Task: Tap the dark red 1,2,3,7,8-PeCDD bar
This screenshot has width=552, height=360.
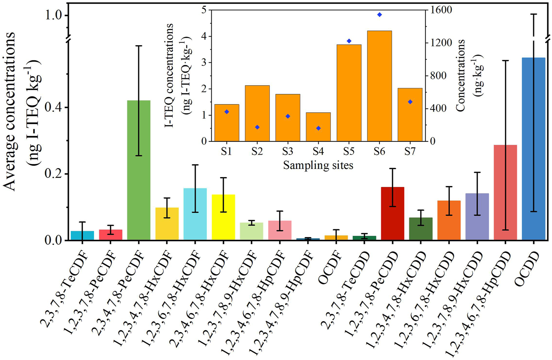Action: tap(392, 214)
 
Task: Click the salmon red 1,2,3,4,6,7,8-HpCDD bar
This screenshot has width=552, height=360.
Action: tap(505, 192)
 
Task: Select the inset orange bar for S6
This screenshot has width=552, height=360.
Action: tap(379, 86)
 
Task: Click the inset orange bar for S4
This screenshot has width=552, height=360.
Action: tap(318, 127)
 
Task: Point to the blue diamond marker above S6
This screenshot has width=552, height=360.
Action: tap(380, 15)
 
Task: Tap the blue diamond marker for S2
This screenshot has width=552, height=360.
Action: tap(257, 127)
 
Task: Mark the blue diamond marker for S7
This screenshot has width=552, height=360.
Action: tap(410, 102)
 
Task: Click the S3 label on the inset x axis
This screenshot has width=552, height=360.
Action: tap(288, 152)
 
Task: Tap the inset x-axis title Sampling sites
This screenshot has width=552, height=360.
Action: tap(318, 165)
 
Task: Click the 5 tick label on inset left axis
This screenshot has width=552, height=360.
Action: tap(204, 10)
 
